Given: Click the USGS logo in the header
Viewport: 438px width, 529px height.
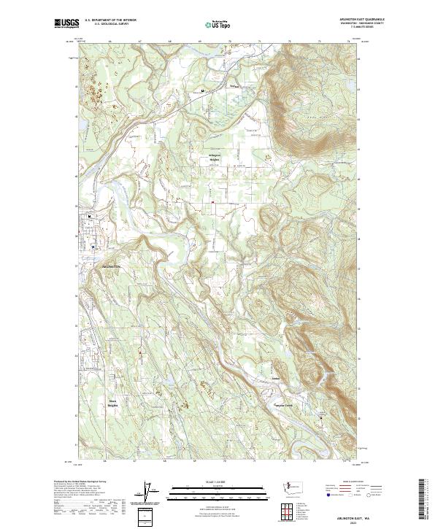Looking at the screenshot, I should (x=66, y=23).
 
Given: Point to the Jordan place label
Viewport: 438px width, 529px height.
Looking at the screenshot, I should (x=276, y=379).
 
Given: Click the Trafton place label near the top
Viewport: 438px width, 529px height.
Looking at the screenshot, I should (x=234, y=85).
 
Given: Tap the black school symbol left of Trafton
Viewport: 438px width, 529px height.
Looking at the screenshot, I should (x=203, y=91).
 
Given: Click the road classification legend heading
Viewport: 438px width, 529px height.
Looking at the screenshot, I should (x=343, y=482).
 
